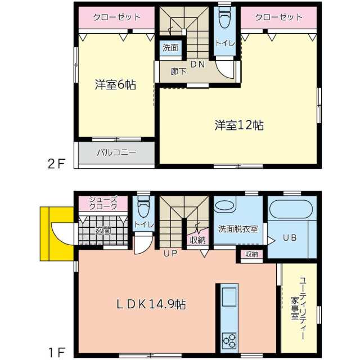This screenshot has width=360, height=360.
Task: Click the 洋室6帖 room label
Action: pyautogui.click(x=115, y=85)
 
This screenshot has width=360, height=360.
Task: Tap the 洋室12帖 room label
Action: pyautogui.click(x=239, y=125)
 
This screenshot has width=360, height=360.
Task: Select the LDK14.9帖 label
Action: pyautogui.click(x=151, y=304)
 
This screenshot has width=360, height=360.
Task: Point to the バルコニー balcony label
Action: pyautogui.click(x=116, y=152)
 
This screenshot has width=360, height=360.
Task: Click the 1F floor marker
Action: pyautogui.click(x=57, y=353)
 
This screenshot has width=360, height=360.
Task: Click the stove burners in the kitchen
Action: pyautogui.click(x=229, y=340)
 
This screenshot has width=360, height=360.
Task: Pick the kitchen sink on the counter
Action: pyautogui.click(x=229, y=296)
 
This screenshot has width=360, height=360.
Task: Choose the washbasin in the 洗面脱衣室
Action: pyautogui.click(x=226, y=208)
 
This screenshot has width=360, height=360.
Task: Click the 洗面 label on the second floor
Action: pyautogui.click(x=170, y=48)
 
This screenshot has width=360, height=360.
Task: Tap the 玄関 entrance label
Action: pyautogui.click(x=103, y=231)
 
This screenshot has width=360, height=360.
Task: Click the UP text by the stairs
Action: pyautogui.click(x=170, y=254)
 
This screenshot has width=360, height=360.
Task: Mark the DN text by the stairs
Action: pyautogui.click(x=197, y=65)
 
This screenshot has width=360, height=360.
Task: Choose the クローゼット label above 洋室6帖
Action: pyautogui.click(x=116, y=17)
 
